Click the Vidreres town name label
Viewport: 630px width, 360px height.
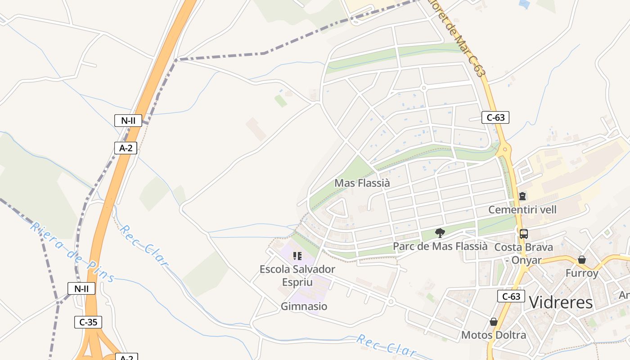click(561, 302)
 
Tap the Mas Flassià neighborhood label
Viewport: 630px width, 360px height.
click(362, 183)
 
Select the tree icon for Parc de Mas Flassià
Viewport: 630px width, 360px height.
click(440, 233)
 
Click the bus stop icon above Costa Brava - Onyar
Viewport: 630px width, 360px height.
click(524, 234)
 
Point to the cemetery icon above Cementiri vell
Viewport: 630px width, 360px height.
click(522, 196)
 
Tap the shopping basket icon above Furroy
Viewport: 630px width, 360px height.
click(582, 260)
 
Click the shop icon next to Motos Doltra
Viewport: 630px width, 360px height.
click(494, 322)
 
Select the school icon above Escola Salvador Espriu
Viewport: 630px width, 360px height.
click(297, 256)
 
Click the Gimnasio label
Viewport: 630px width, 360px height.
click(304, 306)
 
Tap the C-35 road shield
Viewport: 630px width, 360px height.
click(88, 322)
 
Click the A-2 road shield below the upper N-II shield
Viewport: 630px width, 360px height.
click(126, 148)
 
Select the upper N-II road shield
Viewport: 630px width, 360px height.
click(128, 120)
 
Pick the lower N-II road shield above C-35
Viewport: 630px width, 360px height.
click(81, 288)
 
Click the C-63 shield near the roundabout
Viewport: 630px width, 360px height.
click(495, 117)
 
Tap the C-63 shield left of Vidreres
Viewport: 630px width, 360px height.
click(511, 296)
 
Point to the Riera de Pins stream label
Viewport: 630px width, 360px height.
click(72, 252)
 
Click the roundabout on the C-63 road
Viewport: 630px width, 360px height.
click(505, 149)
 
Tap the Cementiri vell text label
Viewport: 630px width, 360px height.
click(522, 210)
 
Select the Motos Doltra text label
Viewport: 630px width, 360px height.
click(493, 335)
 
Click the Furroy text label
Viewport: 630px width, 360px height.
click(582, 273)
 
